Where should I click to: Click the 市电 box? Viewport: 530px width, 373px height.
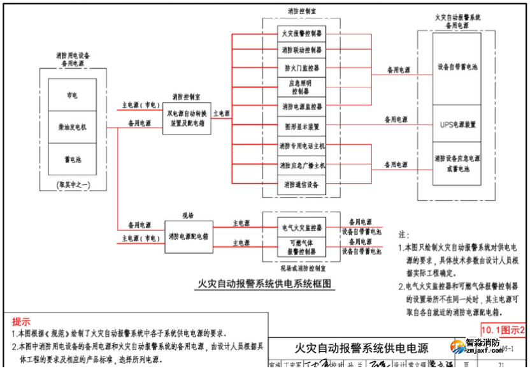[72, 95]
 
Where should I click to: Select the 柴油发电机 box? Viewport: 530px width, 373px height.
[72, 127]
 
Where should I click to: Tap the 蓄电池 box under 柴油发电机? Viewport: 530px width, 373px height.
[72, 159]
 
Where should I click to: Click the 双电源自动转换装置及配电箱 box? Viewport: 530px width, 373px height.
[187, 118]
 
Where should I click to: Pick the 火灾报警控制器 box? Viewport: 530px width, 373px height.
[301, 33]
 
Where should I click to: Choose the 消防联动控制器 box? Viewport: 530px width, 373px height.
[301, 50]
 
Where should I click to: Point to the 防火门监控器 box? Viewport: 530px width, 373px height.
[301, 68]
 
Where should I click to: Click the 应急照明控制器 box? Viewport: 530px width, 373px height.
[301, 87]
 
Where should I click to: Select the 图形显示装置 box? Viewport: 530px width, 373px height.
[301, 126]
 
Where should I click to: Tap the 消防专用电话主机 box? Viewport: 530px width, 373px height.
[301, 146]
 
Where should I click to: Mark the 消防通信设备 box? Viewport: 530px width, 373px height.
[301, 185]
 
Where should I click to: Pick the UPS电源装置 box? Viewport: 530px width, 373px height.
[457, 125]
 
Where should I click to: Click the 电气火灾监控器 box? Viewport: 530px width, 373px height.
[301, 227]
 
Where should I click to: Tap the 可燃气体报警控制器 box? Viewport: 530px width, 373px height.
[301, 247]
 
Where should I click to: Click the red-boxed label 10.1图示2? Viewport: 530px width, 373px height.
[503, 330]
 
